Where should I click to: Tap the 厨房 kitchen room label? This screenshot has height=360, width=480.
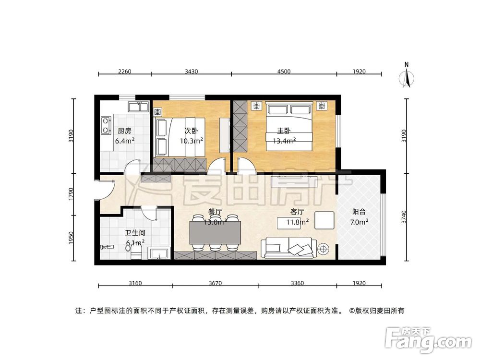(124, 131)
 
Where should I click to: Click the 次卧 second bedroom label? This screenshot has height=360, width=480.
(191, 131)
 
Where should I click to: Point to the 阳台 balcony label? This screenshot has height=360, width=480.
(360, 211)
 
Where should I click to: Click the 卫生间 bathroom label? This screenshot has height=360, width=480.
(135, 233)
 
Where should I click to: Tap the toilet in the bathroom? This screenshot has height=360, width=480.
(136, 252)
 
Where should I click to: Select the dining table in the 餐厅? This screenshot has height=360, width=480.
(216, 233)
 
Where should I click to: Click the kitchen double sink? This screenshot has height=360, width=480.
(138, 106)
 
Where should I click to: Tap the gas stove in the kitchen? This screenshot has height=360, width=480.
(105, 125)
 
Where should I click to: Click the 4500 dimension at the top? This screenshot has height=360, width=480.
(283, 72)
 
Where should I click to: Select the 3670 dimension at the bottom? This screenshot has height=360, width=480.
(215, 283)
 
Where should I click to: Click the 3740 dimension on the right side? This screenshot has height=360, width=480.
(405, 216)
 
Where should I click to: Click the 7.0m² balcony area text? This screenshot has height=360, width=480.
(360, 222)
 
